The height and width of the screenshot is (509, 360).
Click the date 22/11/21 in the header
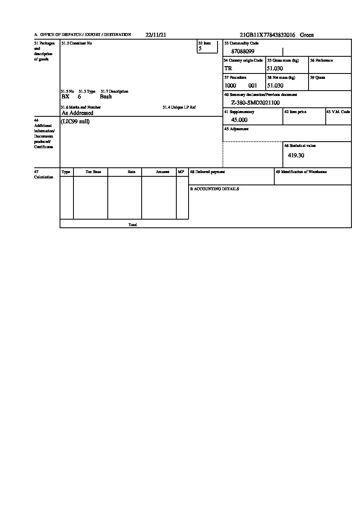[156, 35]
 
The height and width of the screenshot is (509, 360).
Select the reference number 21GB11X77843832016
[267, 35]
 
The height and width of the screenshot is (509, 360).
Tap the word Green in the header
[307, 35]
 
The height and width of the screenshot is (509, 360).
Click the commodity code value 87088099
[243, 51]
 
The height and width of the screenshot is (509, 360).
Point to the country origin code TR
[228, 69]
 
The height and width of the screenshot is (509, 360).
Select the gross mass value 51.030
[275, 69]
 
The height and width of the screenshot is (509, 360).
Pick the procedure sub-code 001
[253, 86]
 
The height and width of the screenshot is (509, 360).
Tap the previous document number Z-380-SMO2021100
[256, 103]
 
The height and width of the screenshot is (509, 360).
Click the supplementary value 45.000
[239, 120]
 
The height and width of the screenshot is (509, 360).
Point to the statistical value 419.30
[296, 156]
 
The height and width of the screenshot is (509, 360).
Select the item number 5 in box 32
[200, 49]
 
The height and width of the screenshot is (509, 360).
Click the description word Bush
[106, 97]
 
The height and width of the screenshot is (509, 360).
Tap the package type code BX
[65, 97]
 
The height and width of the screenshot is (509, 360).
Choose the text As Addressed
[78, 113]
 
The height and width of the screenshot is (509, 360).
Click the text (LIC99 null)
[75, 122]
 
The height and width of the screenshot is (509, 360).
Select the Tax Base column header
[93, 172]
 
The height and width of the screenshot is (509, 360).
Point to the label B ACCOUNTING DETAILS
[214, 189]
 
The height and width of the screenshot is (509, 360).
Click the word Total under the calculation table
[133, 225]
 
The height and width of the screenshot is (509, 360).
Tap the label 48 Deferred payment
[207, 172]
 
